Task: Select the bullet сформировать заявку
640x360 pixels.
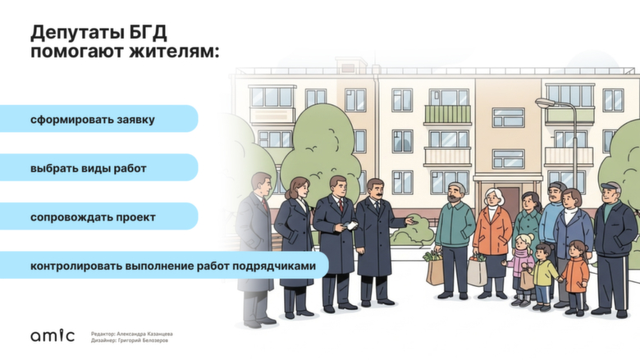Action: coord(93,119)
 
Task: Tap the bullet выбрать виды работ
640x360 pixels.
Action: coord(88,167)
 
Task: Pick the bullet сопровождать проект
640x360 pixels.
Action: coord(93,217)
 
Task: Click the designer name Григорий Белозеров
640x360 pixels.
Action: coord(143,340)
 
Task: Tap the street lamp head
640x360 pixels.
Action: coord(545,103)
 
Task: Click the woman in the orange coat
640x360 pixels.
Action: coord(492,234)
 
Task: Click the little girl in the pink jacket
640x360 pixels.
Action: coord(521,262)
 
